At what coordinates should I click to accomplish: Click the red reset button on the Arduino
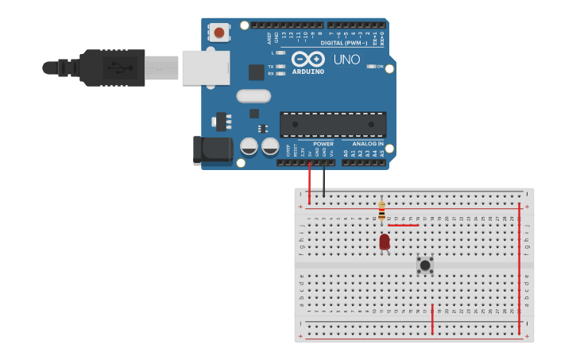(x=218, y=33)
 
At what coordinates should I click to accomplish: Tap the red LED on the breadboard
(x=385, y=241)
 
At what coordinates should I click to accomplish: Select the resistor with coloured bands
(x=381, y=211)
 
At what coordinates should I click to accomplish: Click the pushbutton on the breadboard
(x=425, y=265)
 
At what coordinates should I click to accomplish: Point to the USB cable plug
(x=111, y=68)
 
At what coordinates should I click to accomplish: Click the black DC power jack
(x=211, y=150)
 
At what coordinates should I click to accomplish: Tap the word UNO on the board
(x=346, y=60)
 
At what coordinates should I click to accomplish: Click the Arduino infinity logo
(x=307, y=59)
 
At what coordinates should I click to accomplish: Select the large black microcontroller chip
(x=333, y=124)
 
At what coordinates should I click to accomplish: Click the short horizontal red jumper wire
(x=403, y=225)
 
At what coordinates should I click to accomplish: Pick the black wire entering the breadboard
(x=323, y=181)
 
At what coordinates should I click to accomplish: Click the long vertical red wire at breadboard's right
(x=520, y=266)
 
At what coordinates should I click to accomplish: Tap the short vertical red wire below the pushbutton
(x=432, y=319)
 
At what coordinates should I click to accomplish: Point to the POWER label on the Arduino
(x=323, y=144)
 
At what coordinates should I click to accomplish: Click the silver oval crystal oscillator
(x=253, y=96)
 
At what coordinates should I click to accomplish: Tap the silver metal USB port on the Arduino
(x=205, y=68)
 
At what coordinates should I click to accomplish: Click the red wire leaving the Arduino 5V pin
(x=309, y=183)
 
